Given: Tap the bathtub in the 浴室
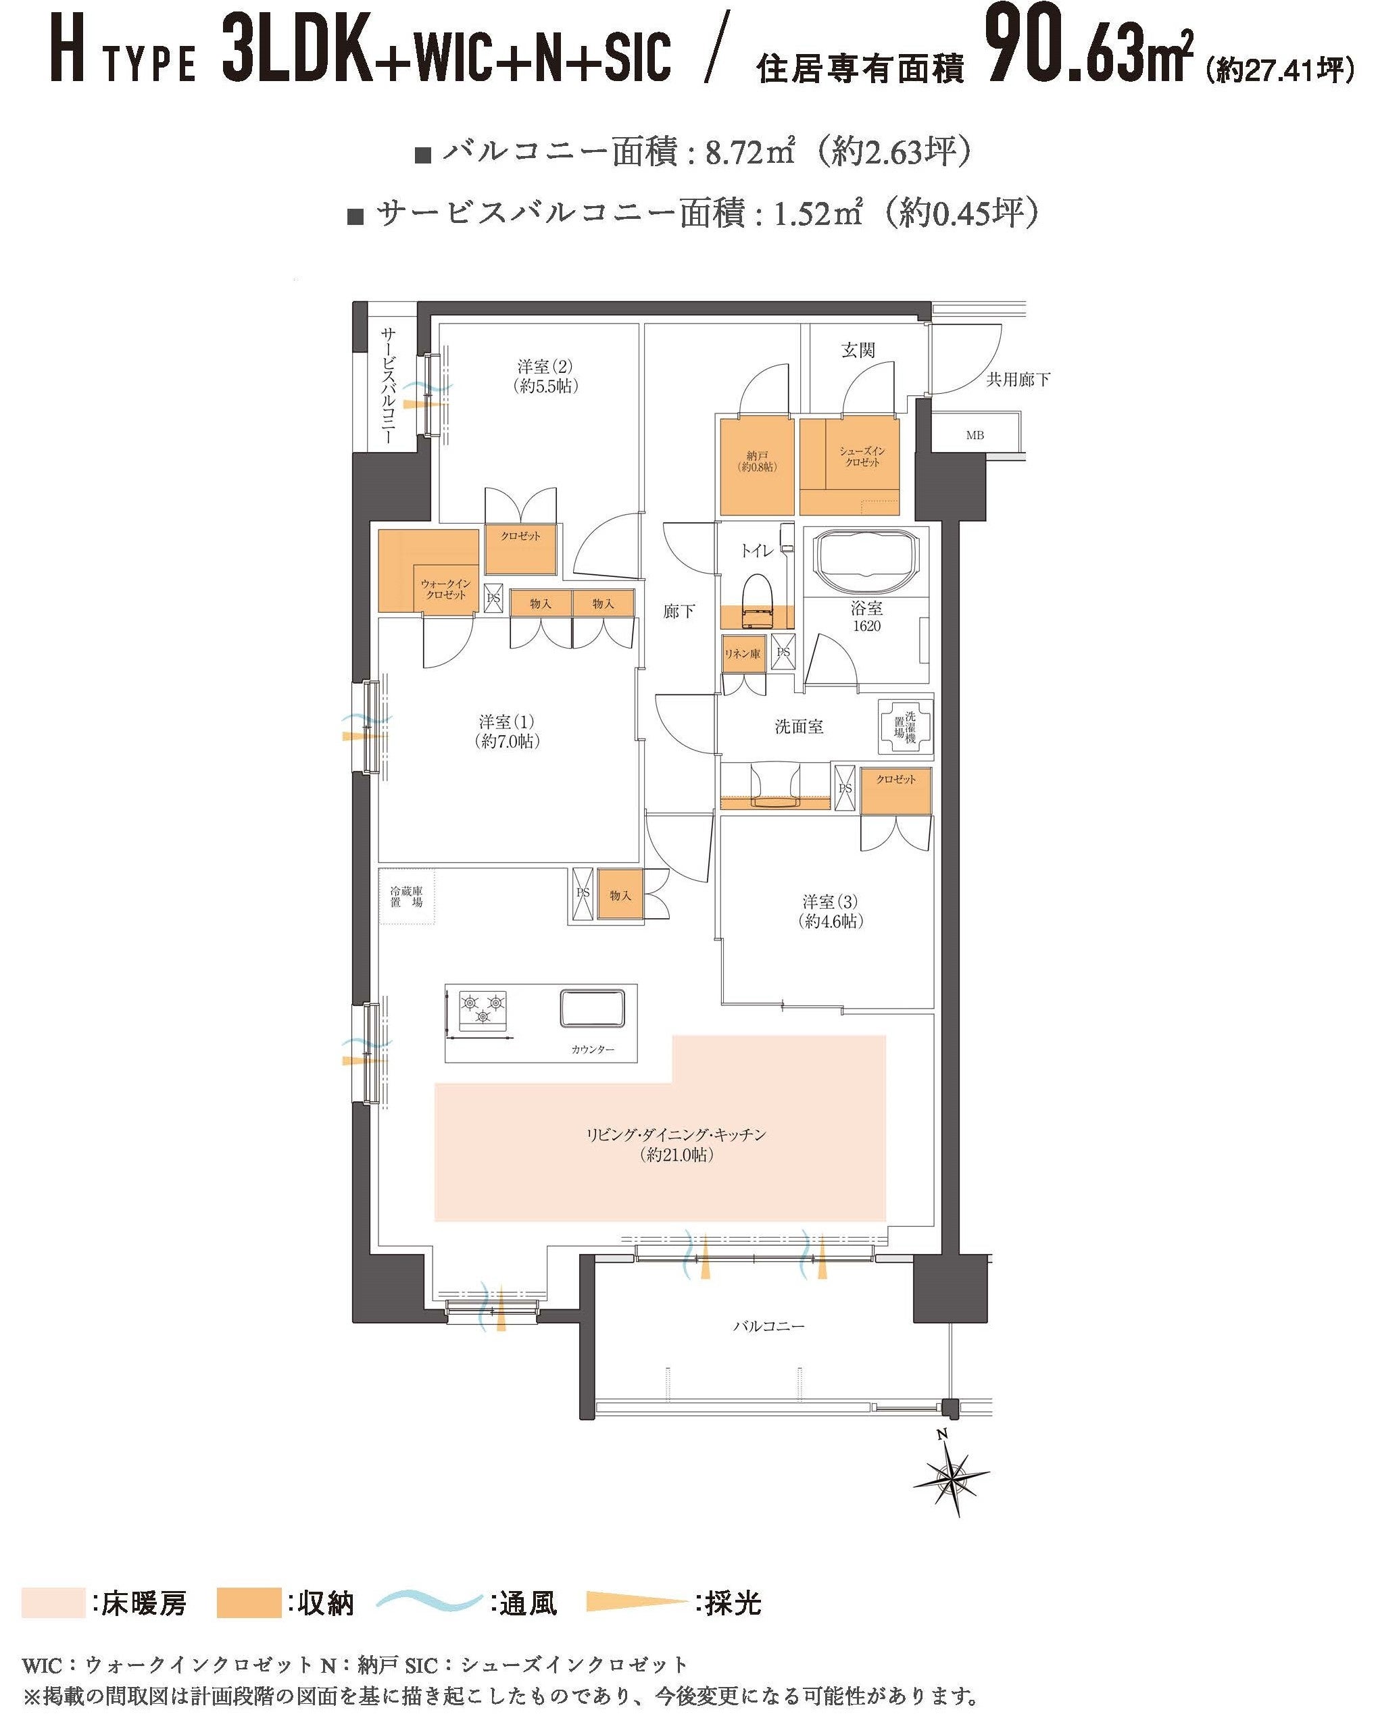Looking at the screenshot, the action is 866,562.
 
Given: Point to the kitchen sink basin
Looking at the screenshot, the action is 593,1007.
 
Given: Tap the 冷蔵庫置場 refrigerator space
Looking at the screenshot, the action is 406,896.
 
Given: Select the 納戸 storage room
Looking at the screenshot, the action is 758,466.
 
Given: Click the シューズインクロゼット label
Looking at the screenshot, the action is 862,456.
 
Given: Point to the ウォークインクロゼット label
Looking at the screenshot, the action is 445,589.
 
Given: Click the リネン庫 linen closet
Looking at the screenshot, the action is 743,653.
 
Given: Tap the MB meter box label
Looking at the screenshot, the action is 975,435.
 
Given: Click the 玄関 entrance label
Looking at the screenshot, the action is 858,350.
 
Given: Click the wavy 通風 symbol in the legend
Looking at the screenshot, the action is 429,1600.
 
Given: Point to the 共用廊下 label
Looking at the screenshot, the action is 1018,380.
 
